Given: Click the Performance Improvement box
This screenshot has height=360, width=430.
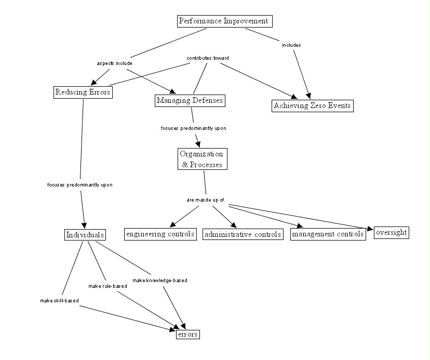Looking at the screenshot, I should click(223, 21).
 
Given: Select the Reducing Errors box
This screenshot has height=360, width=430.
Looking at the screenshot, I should click(83, 92).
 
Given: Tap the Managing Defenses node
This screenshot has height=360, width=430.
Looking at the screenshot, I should click(190, 100).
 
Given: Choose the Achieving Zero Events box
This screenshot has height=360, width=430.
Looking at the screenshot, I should click(312, 106).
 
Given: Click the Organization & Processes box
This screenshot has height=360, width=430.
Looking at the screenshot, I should click(202, 159).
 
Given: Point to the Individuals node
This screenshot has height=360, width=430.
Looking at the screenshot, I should click(85, 235).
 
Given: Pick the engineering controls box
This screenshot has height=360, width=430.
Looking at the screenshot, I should click(160, 234).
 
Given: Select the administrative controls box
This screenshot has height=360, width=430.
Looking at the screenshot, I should click(243, 234).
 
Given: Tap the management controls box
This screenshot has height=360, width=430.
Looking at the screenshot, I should click(328, 234).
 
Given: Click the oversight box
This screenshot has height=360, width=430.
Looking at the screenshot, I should click(391, 232).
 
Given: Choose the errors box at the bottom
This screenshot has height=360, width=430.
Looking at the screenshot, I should click(187, 335).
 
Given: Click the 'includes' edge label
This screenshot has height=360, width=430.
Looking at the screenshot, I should click(291, 45).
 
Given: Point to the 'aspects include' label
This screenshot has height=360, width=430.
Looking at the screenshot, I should click(114, 63).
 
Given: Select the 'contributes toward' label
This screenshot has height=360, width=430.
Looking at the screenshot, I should click(208, 58).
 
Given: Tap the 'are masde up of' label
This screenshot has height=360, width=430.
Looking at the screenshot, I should click(205, 200).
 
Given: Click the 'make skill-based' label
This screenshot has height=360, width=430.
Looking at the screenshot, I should click(59, 301).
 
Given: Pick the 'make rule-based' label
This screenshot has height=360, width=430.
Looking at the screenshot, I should click(108, 286).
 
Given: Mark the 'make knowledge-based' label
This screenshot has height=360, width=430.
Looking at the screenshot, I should click(159, 281).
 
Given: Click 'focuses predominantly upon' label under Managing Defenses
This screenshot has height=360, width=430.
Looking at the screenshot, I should click(193, 128).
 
